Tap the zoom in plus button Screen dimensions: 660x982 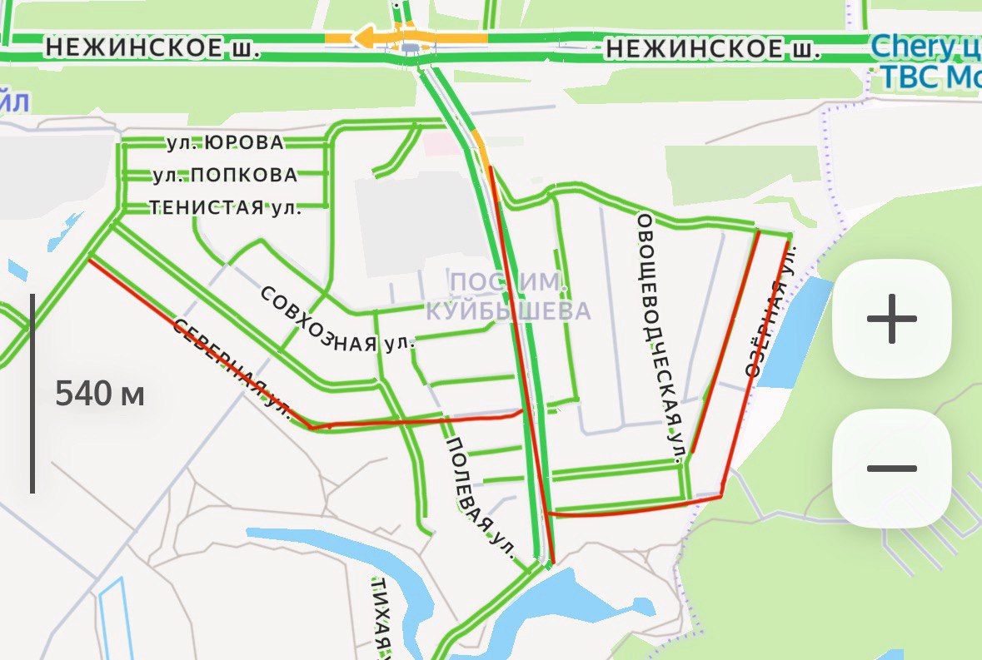891,319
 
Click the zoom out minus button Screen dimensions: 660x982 891,469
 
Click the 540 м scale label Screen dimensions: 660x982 100,394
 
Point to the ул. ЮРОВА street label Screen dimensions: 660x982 225,143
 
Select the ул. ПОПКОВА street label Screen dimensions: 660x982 225,176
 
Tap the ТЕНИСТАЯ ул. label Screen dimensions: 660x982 225,207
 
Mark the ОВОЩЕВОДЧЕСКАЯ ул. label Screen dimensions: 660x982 663,337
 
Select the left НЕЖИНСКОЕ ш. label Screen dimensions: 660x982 152,49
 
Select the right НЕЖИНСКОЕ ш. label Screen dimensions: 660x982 713,51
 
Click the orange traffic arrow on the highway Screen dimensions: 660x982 366,37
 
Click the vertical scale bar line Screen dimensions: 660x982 32,393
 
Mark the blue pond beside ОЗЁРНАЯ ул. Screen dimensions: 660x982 796,333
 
